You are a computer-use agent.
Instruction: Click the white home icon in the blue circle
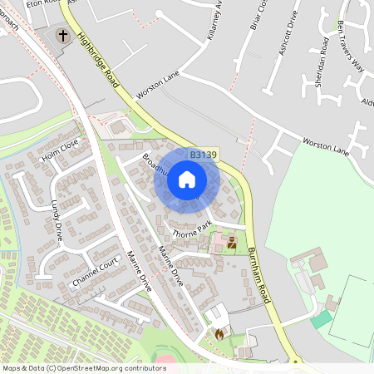point(186,180)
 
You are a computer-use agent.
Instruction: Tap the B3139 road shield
point(203,155)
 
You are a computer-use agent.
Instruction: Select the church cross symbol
point(63,36)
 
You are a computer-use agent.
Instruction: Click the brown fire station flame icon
point(219,333)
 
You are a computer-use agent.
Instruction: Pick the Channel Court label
point(96,272)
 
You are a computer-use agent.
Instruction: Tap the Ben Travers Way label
point(351,45)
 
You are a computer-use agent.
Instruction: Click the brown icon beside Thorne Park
point(231,244)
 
